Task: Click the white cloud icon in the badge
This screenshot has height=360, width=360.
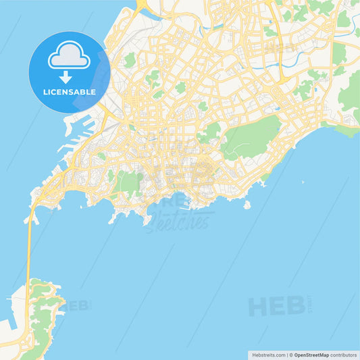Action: coord(70,58)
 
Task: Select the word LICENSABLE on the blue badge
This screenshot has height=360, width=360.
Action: coord(70,92)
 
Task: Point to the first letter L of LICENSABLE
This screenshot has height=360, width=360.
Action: coord(45,92)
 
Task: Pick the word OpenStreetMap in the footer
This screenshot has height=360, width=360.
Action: coord(311,355)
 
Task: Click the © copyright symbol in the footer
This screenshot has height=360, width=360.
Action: coord(290,355)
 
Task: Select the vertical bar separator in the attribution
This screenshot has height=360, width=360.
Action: coord(286,355)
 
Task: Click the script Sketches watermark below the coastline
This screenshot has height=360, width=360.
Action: coord(177,220)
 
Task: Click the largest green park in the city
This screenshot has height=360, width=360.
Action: coord(251,135)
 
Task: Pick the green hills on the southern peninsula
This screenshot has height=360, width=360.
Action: coord(45,317)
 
